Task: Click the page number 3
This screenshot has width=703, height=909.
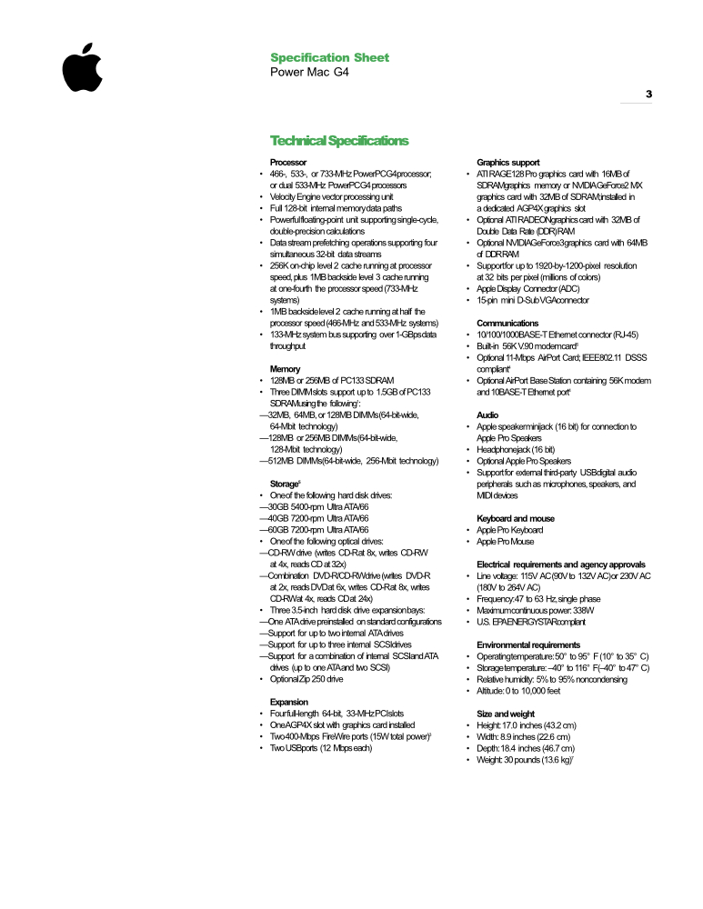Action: coord(648,94)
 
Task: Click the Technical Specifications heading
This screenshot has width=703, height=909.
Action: coord(339,141)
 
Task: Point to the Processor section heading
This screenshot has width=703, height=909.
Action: coord(288,162)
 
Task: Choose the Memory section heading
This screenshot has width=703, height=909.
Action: coord(286,368)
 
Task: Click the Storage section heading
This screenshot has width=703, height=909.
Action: coord(286,484)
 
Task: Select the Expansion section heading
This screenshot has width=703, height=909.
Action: coord(290,702)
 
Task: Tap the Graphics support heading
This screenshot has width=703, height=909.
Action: coord(508,162)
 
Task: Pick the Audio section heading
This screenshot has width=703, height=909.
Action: coord(487,415)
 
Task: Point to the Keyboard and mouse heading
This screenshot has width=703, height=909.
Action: coord(516,518)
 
